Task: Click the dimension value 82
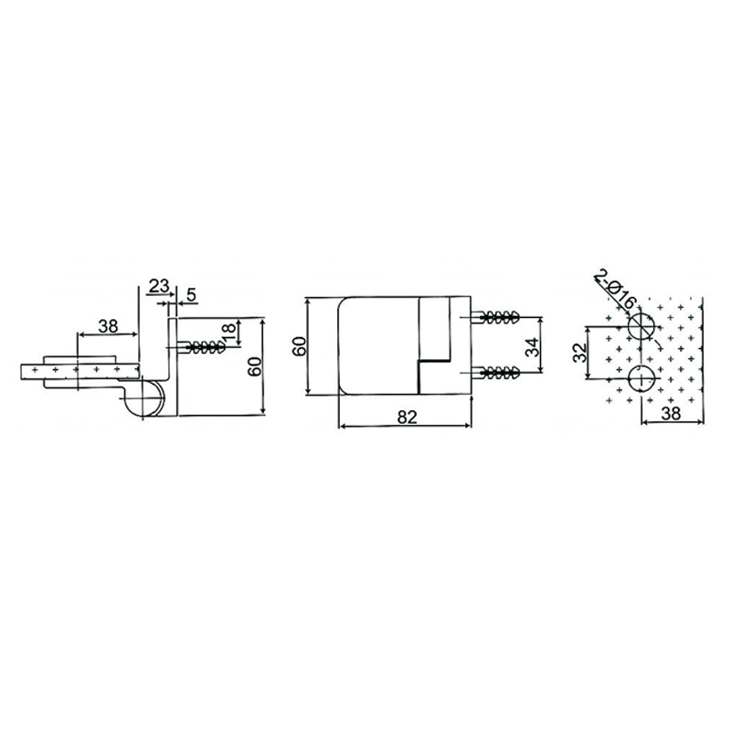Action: [x=408, y=416]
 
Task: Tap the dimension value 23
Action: [x=158, y=286]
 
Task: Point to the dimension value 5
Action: [x=191, y=294]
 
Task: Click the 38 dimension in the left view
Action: [x=108, y=324]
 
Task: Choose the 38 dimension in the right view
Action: [x=672, y=413]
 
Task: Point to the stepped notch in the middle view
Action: [x=434, y=361]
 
